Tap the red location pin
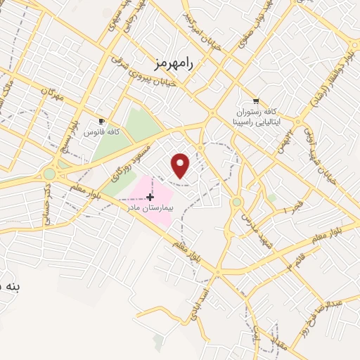[181, 165]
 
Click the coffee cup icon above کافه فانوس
[102, 121]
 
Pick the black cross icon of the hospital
[150, 197]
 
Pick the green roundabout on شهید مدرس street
[237, 202]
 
